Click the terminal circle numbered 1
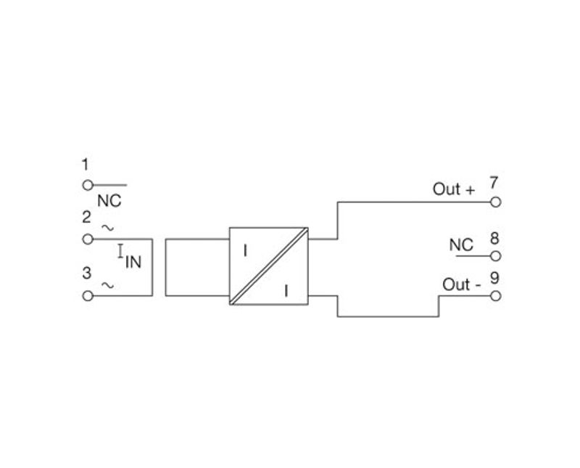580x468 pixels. point(88,185)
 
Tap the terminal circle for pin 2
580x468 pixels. point(88,239)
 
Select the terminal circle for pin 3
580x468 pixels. point(88,296)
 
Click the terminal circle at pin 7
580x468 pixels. point(496,202)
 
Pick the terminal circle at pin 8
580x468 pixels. point(496,256)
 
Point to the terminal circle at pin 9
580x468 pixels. point(496,296)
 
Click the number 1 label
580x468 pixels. point(86,165)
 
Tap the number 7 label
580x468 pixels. point(494,182)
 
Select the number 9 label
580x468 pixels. point(494,278)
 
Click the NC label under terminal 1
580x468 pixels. point(109,201)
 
